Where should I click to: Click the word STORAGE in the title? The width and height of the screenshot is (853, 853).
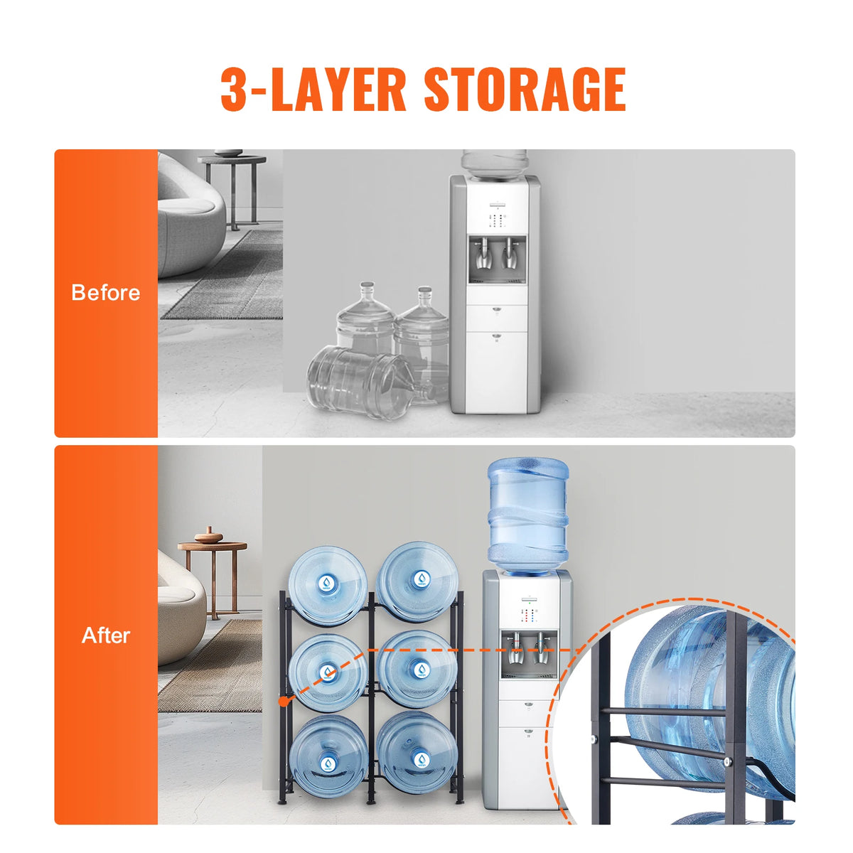click(525, 90)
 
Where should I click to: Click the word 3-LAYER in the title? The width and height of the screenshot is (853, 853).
click(313, 90)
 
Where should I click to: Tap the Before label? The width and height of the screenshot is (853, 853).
click(106, 293)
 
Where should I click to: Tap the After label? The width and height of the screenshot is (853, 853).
click(106, 635)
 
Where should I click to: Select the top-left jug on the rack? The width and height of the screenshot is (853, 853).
click(328, 584)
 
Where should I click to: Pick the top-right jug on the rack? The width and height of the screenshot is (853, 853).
click(417, 581)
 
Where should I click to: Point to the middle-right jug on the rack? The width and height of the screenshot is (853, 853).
click(417, 668)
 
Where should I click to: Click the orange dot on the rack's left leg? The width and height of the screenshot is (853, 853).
click(284, 702)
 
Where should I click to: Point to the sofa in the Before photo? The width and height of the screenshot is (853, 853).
click(188, 217)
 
